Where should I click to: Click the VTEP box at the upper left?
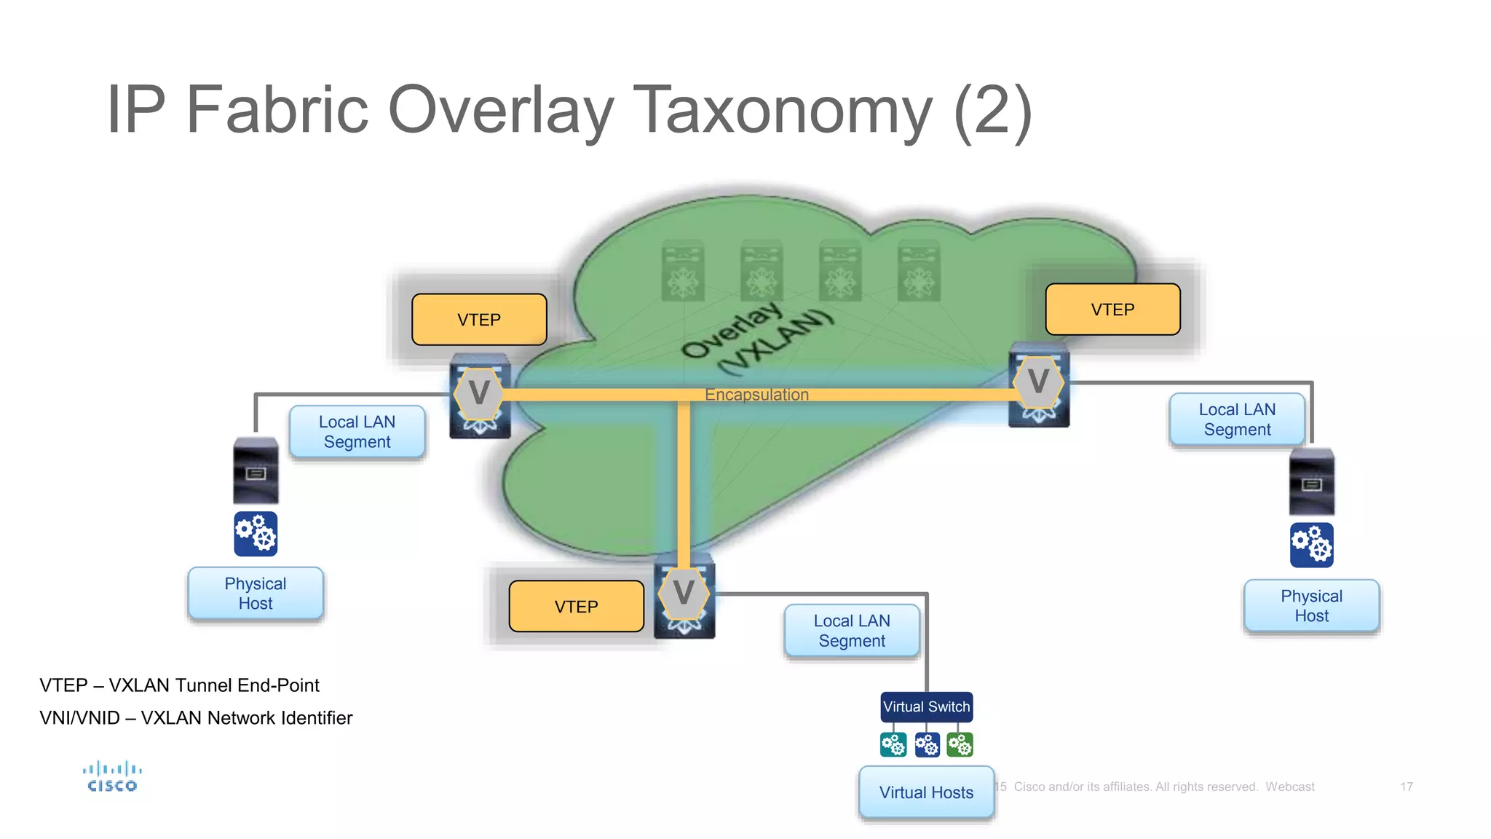(479, 320)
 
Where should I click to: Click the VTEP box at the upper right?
(1112, 310)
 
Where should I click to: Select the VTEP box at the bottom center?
(576, 606)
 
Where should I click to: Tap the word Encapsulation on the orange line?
(756, 395)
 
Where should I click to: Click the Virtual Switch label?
(926, 706)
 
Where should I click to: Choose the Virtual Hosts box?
(926, 792)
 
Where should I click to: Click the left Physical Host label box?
(256, 594)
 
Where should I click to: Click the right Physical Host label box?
(1311, 606)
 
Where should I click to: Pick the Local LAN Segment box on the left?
(357, 432)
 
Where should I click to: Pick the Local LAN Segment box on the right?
(1237, 419)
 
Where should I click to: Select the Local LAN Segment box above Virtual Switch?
(852, 631)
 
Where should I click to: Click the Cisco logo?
(112, 777)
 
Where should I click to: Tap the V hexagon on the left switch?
(478, 393)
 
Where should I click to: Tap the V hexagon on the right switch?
(1038, 381)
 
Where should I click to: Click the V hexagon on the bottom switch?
(683, 593)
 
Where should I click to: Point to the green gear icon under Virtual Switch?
(960, 745)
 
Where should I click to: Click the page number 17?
(1406, 787)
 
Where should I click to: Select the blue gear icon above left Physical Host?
(256, 534)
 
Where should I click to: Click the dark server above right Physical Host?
(1311, 483)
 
